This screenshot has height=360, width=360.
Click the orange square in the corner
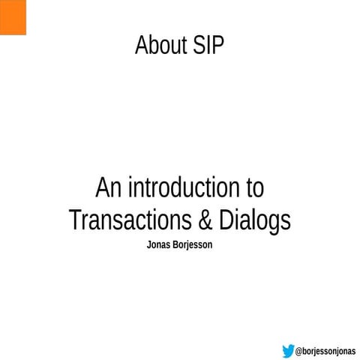pyautogui.click(x=13, y=17)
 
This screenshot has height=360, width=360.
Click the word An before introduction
pyautogui.click(x=108, y=187)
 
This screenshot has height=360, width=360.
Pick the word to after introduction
pyautogui.click(x=253, y=188)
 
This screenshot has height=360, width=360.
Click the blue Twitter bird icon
pyautogui.click(x=288, y=350)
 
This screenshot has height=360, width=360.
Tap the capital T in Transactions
pyautogui.click(x=74, y=220)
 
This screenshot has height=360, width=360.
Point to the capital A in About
pyautogui.click(x=141, y=46)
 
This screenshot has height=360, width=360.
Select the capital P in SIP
pyautogui.click(x=218, y=46)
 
